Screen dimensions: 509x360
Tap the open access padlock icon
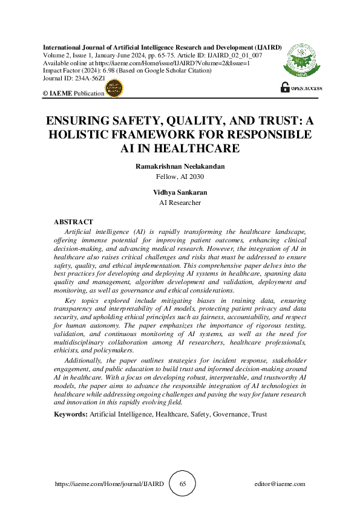point(285,88)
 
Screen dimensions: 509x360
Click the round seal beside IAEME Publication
point(114,90)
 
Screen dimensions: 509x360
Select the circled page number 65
point(183,484)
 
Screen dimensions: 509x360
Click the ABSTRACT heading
point(73,222)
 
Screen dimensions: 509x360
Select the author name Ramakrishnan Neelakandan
point(180,166)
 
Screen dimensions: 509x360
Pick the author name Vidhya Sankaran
point(180,192)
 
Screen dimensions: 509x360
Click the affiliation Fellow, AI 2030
point(180,176)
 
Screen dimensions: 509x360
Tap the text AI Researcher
point(180,203)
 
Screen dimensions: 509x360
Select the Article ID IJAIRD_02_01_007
point(235,55)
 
